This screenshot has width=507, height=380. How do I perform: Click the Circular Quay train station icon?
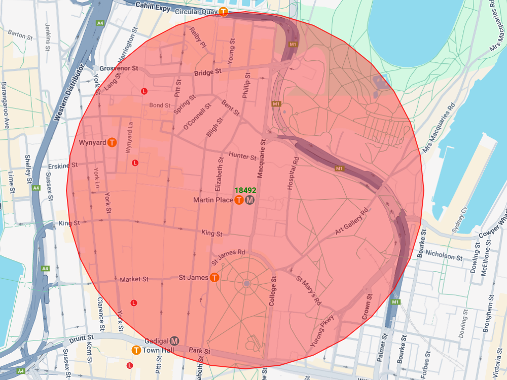pyautogui.click(x=224, y=12)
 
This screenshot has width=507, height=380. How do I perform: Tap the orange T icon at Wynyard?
pyautogui.click(x=113, y=143)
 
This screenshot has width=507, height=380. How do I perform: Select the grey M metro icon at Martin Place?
pyautogui.click(x=249, y=201)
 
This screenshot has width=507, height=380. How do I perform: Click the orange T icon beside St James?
pyautogui.click(x=214, y=278)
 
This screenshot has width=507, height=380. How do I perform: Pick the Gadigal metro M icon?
pyautogui.click(x=175, y=340)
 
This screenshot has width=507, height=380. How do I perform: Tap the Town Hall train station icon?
pyautogui.click(x=136, y=350)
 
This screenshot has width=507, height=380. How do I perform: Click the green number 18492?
pyautogui.click(x=245, y=191)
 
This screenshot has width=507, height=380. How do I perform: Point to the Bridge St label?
pyautogui.click(x=208, y=73)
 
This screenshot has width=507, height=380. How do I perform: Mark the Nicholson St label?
pyautogui.click(x=444, y=255)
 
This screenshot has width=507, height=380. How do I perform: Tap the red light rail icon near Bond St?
pyautogui.click(x=144, y=91)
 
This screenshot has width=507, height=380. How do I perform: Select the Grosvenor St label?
pyautogui.click(x=119, y=68)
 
